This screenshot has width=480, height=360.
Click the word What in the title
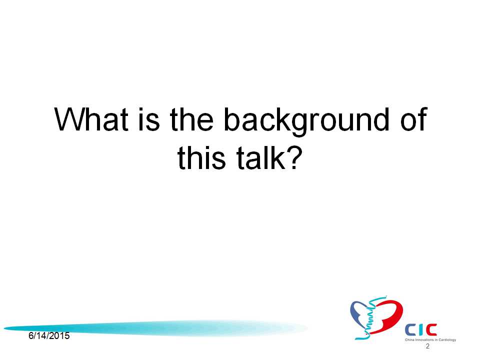[x=91, y=119]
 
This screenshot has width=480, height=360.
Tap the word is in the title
[x=149, y=119]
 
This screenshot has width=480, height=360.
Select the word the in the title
[x=191, y=119]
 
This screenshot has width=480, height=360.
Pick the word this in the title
[x=201, y=157]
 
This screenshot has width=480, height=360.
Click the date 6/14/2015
[x=49, y=336]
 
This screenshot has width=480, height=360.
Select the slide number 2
[x=427, y=346]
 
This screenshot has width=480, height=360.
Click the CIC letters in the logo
[x=421, y=329]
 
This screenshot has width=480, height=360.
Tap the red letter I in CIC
[x=421, y=329]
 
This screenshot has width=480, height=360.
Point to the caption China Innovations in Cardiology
[x=430, y=340]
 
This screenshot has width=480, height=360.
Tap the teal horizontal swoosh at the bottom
[x=155, y=328]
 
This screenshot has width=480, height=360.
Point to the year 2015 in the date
[x=59, y=336]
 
